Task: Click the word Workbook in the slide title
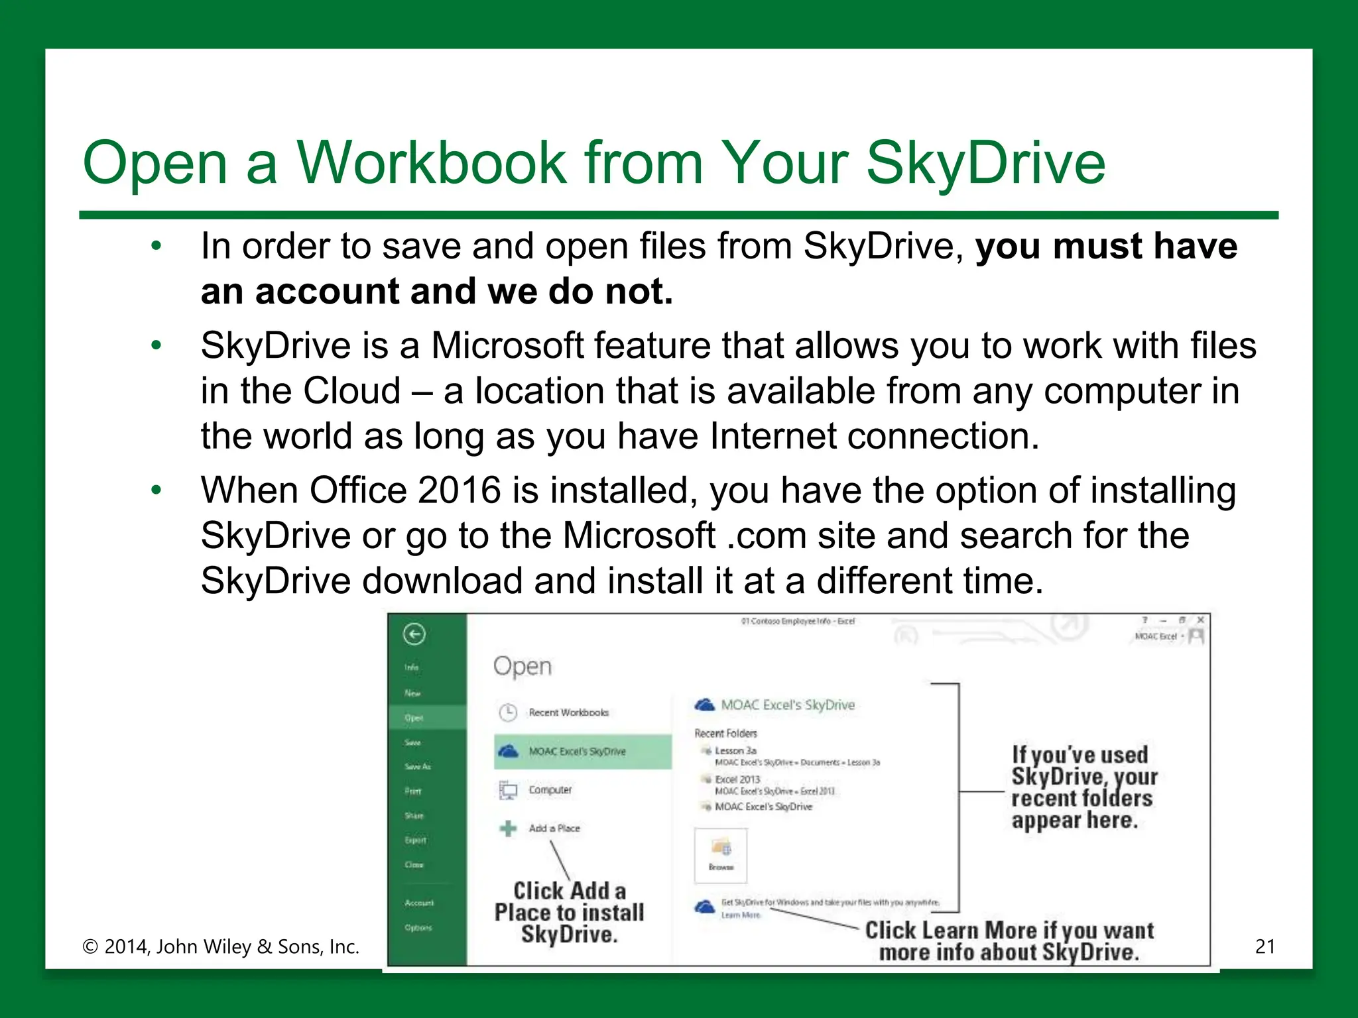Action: (x=432, y=163)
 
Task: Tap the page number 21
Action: (x=1265, y=946)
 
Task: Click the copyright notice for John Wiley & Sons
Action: (x=221, y=946)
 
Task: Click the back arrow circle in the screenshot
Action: (x=414, y=634)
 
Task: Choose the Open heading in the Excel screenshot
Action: (x=522, y=666)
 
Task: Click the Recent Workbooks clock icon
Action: (x=508, y=712)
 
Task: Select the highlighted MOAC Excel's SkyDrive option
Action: (x=576, y=752)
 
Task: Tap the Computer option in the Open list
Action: (x=550, y=790)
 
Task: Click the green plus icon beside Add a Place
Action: (x=508, y=828)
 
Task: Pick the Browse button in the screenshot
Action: (x=721, y=855)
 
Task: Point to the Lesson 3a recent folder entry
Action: (x=735, y=751)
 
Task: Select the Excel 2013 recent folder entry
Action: (x=737, y=779)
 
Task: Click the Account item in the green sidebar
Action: (x=419, y=903)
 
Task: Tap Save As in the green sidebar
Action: (x=418, y=767)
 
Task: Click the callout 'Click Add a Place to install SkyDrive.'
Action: (x=570, y=913)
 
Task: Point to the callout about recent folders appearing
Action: (x=1083, y=787)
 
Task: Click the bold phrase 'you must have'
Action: (x=1106, y=247)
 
